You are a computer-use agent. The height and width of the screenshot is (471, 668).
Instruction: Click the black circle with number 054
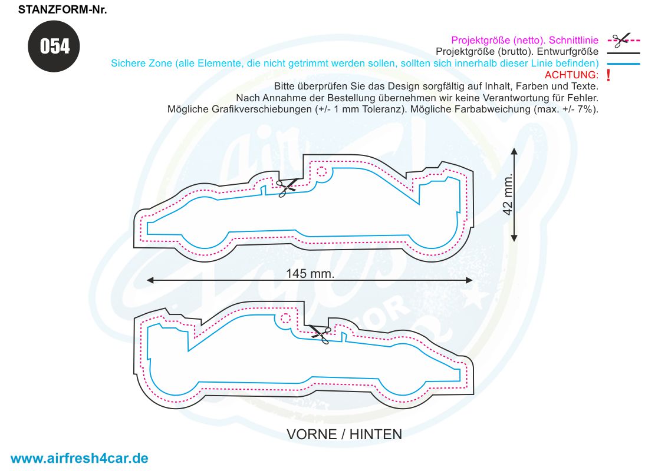point(54,47)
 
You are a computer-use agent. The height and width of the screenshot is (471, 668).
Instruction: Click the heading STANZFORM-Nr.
point(62,9)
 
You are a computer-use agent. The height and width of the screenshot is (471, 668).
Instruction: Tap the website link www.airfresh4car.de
point(79,458)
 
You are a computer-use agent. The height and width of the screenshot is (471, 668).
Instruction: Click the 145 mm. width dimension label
point(310,274)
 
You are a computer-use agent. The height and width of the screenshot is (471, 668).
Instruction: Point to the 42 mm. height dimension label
point(508,194)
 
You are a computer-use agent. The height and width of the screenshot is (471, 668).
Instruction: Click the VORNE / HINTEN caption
point(344,434)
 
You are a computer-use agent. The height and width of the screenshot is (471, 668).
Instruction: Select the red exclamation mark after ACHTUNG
point(608,75)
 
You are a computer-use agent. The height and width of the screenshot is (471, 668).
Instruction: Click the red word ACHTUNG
point(571,75)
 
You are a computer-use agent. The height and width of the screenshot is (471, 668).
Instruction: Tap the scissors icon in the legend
point(621,40)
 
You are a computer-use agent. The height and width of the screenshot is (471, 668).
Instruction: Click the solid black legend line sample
point(624,53)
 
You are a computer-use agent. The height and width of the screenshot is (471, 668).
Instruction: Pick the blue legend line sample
point(624,64)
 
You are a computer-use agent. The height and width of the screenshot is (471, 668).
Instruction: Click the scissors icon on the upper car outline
point(288,187)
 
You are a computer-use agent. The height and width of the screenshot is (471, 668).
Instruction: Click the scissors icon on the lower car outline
point(321,334)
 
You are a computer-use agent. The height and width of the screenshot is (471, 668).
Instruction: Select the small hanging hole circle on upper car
point(322,172)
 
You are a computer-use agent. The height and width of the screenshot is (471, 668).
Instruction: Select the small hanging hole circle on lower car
point(285,319)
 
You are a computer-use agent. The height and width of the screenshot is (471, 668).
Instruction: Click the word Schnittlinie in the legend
point(574,41)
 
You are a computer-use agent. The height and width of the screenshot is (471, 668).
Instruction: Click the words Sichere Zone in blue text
point(142,64)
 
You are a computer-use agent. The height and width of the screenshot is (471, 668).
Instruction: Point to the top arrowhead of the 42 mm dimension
point(514,151)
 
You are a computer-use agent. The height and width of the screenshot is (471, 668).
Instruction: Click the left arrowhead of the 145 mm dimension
point(150,280)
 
